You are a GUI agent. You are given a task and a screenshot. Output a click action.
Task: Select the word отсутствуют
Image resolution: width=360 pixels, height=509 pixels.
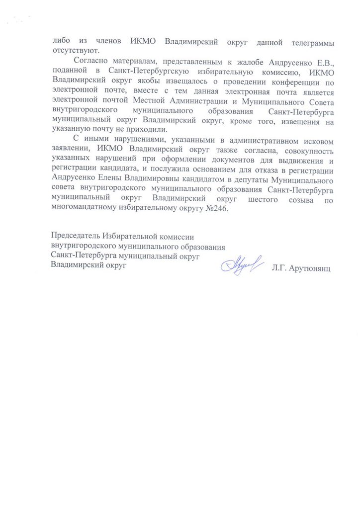click(73, 51)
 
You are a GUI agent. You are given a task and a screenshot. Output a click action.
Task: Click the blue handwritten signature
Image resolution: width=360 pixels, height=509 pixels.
click(240, 262)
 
